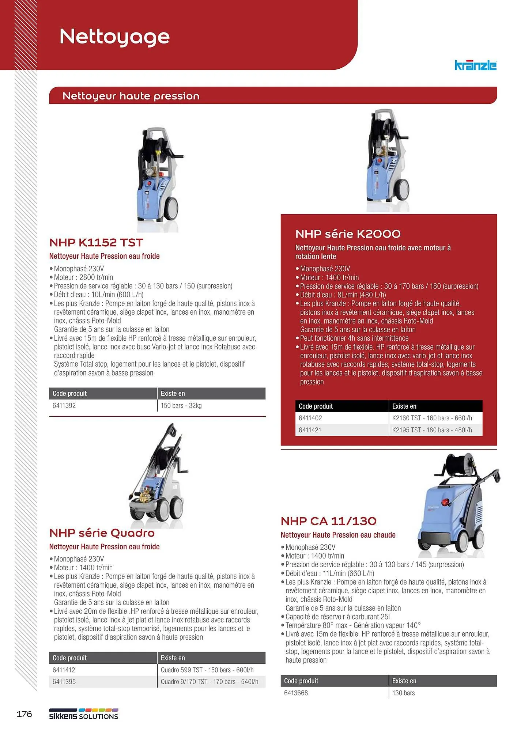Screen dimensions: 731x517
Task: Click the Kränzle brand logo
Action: [475, 65]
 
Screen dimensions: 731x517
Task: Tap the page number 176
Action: [24, 714]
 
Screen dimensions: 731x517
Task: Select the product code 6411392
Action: [64, 405]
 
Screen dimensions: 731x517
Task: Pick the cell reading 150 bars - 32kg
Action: [181, 405]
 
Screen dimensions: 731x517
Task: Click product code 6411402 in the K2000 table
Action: [310, 418]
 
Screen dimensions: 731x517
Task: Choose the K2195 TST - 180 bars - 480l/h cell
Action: [432, 430]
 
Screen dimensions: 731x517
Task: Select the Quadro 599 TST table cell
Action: [207, 670]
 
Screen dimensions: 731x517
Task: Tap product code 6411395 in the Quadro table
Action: [64, 682]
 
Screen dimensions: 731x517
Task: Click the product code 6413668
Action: [296, 693]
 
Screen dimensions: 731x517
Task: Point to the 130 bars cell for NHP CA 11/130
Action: [404, 693]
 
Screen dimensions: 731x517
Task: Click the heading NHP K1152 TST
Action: [96, 242]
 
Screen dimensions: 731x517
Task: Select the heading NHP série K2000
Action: [348, 234]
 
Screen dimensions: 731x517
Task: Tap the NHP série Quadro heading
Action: [102, 533]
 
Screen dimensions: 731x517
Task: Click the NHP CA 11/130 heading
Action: [328, 521]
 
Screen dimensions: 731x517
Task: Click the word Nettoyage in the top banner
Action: [114, 37]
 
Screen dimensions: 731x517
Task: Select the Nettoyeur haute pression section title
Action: [131, 96]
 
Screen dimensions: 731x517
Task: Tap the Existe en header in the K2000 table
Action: [404, 406]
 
